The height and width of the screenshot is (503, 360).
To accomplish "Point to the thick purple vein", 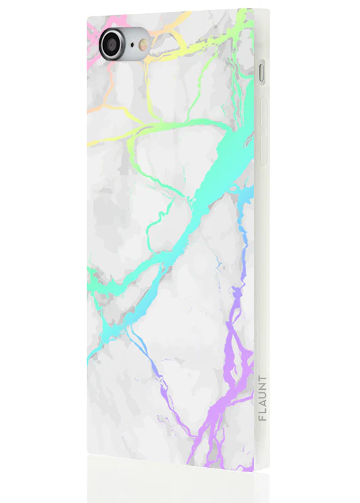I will tap(236, 365).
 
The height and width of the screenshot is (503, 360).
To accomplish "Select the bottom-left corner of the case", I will tap(89, 451).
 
